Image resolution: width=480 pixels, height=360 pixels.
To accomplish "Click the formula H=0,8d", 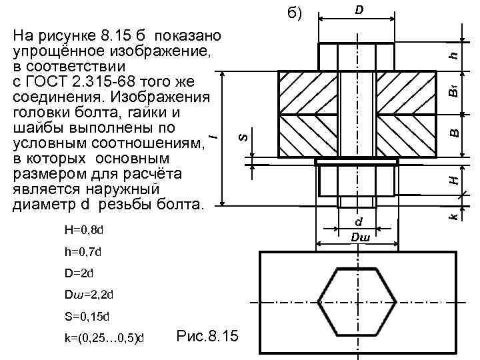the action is [84, 230].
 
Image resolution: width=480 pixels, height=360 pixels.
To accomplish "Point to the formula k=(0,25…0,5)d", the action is [104, 337].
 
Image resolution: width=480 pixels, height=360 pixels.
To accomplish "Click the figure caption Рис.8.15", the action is [207, 335].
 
